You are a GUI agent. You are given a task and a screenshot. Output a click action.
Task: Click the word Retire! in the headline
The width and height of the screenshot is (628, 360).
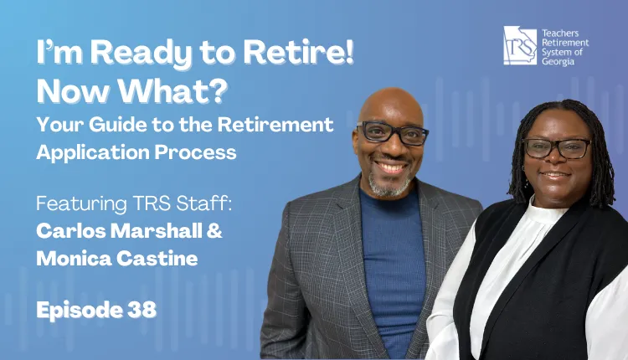(298, 52)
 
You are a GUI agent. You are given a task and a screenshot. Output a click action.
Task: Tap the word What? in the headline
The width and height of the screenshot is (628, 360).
(173, 91)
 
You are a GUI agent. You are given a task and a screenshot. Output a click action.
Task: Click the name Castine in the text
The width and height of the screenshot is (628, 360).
(157, 259)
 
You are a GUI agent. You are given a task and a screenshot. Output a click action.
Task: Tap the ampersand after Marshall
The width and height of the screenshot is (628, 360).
(214, 231)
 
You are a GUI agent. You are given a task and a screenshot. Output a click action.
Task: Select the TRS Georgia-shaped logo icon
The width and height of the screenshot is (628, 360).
(520, 46)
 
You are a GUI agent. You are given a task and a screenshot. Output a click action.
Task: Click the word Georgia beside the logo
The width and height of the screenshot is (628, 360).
(558, 62)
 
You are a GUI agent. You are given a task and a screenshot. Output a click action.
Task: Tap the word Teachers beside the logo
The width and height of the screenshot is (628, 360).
(560, 33)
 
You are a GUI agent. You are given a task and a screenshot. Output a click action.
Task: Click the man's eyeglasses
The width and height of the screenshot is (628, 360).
(392, 132)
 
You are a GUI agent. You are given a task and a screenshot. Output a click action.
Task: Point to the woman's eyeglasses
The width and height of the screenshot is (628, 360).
(558, 147)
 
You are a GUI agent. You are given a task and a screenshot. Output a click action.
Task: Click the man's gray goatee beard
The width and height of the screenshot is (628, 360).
(389, 185)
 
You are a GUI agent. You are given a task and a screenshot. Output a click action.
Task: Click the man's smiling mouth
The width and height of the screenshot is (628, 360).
(391, 166)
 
